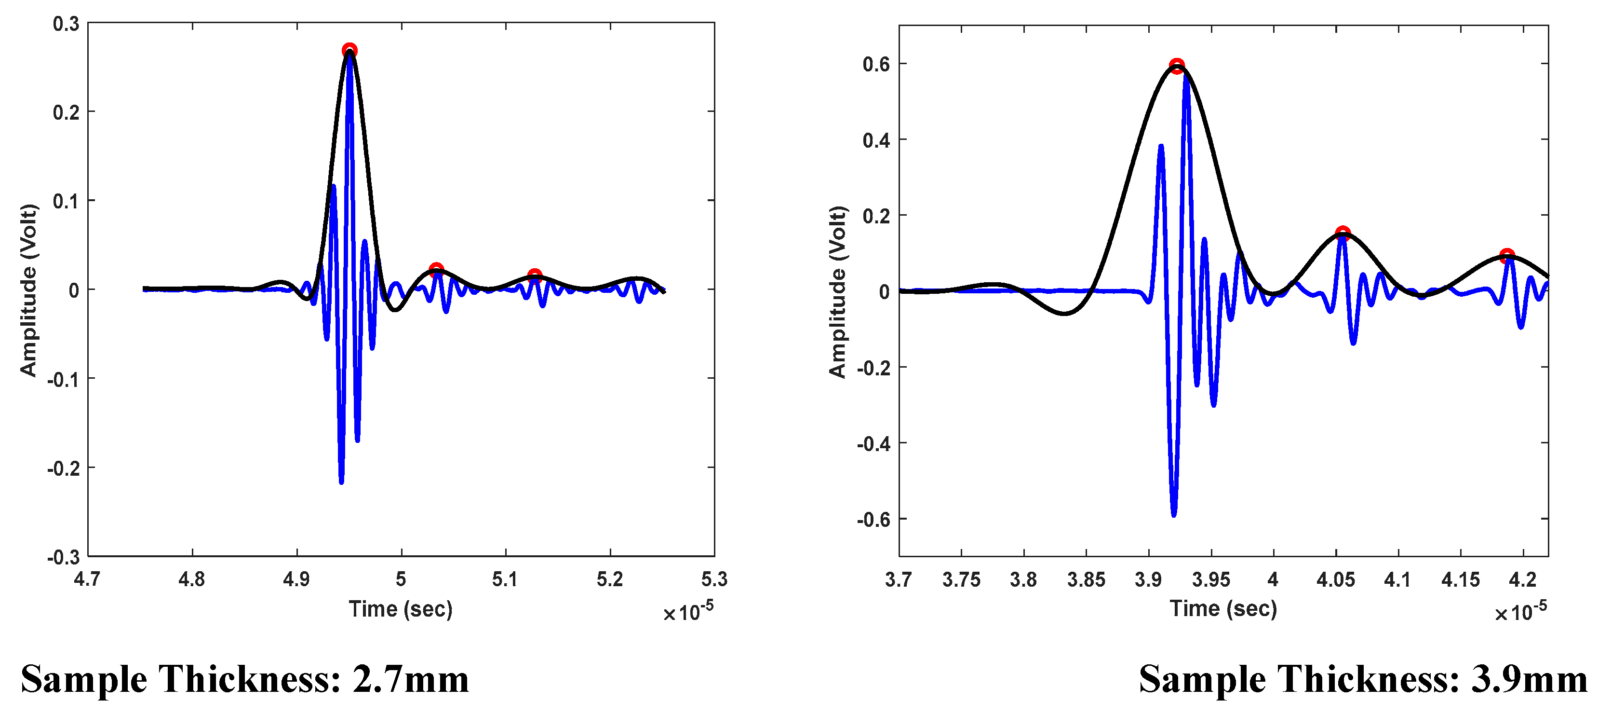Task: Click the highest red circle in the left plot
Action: [x=349, y=50]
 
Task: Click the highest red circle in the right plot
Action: [x=1176, y=65]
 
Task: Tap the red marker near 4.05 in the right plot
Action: [x=1343, y=234]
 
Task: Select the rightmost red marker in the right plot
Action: [x=1507, y=256]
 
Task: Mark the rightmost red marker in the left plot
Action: [x=534, y=275]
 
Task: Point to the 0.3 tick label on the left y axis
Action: [x=66, y=24]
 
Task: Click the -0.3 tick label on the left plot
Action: [x=63, y=557]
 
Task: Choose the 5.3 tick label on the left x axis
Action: [x=713, y=579]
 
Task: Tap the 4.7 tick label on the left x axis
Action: [x=87, y=579]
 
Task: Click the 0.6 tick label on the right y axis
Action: [x=876, y=64]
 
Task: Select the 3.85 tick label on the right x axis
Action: [x=1086, y=580]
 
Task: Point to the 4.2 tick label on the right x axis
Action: [x=1522, y=580]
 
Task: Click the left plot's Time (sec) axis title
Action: [x=400, y=609]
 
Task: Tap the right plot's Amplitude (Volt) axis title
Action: [x=837, y=292]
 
